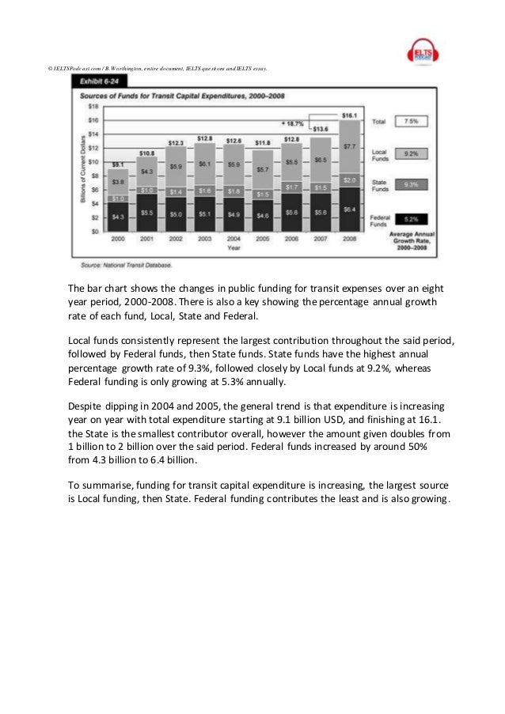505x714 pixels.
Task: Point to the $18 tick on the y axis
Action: point(93,105)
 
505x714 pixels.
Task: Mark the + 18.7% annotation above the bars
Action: point(293,123)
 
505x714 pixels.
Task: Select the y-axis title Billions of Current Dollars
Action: point(82,170)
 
